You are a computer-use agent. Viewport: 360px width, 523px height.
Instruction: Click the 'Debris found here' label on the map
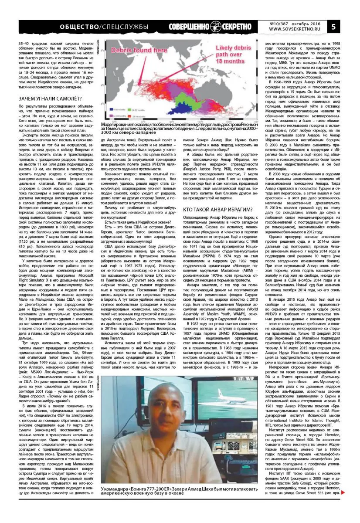[135, 50]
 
